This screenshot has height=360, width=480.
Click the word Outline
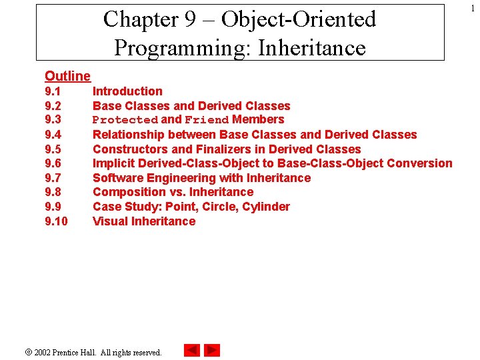click(67, 77)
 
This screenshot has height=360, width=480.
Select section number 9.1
click(53, 91)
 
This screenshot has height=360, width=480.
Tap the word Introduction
click(127, 91)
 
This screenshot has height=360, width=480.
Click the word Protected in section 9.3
click(125, 120)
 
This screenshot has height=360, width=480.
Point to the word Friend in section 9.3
click(207, 120)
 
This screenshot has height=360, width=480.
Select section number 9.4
click(53, 135)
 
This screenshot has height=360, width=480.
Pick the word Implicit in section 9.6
click(114, 163)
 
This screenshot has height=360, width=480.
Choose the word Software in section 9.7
click(117, 178)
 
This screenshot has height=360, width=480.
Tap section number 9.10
click(56, 221)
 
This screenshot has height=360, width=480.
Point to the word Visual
click(111, 221)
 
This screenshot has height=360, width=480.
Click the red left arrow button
click(191, 350)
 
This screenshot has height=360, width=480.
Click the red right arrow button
click(212, 350)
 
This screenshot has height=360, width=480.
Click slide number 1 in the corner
click(472, 7)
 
